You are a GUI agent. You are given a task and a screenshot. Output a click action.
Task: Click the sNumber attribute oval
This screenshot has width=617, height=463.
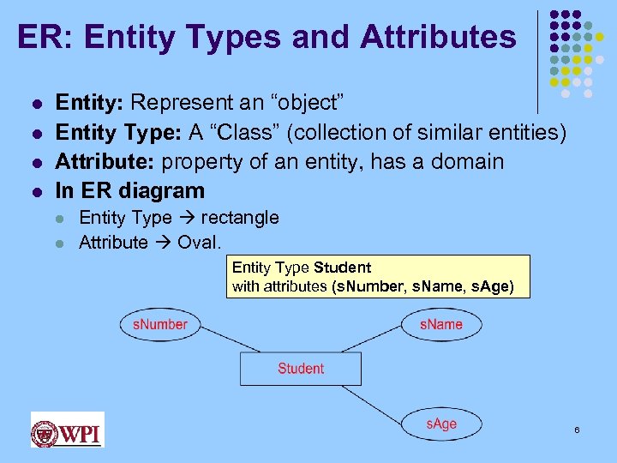tap(159, 324)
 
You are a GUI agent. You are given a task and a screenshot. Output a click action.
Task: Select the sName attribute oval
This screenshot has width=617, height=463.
tap(441, 324)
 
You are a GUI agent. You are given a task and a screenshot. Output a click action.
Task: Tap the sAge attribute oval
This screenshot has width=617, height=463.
tap(441, 424)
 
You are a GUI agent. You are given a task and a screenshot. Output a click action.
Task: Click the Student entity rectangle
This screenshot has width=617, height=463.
tap(300, 369)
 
